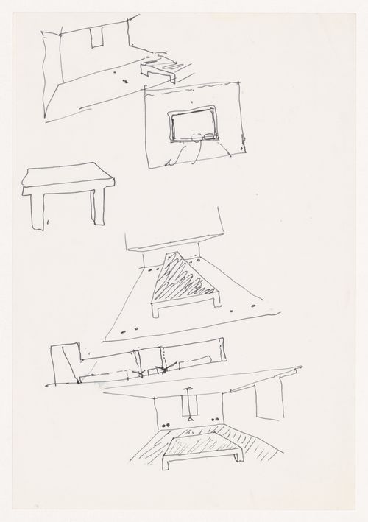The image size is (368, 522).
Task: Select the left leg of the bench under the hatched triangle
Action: click(156, 311)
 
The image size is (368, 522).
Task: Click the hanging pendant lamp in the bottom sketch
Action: click(188, 403)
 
